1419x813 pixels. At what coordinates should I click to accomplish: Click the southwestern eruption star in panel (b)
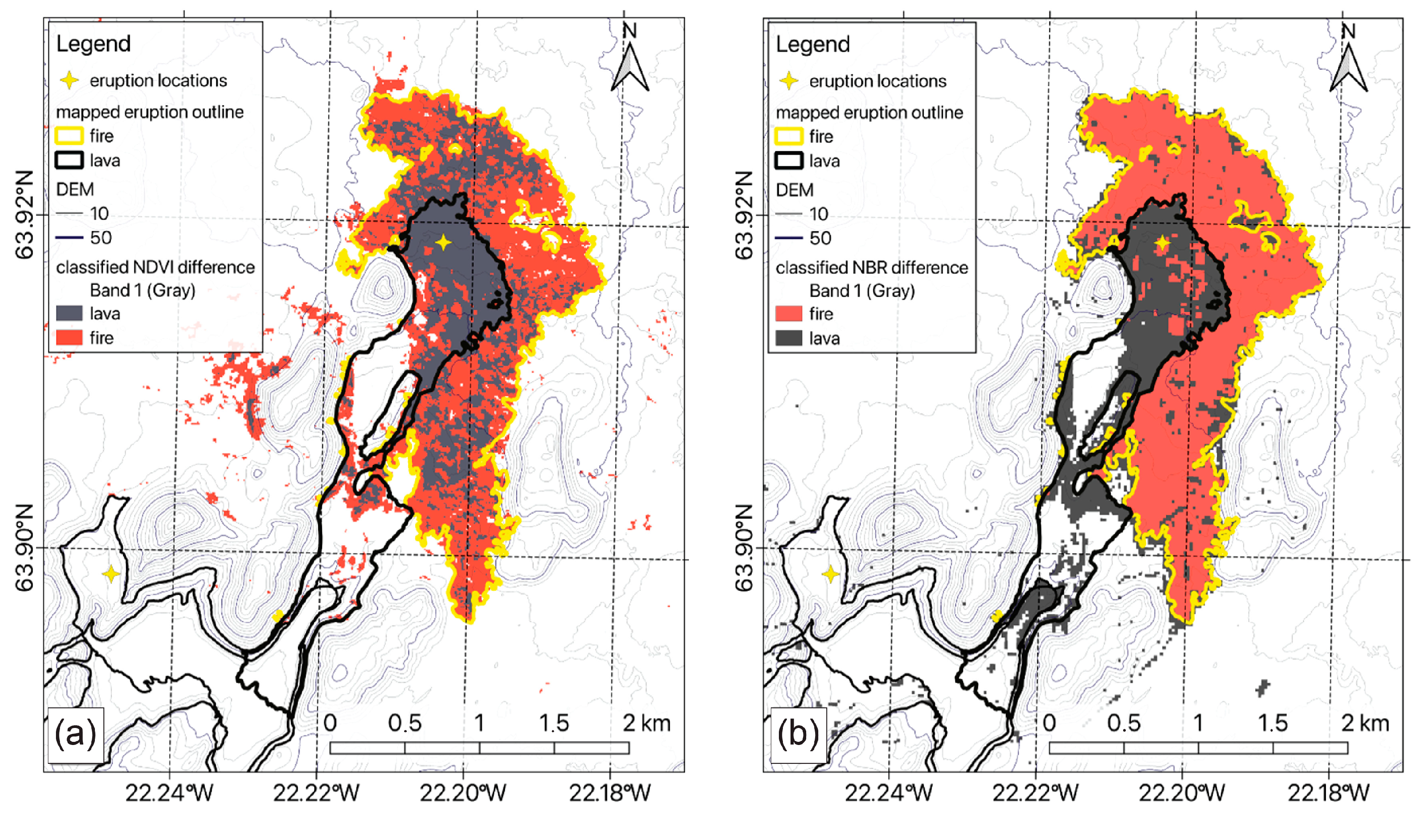coord(830,574)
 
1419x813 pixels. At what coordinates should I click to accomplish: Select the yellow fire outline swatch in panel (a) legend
coord(70,136)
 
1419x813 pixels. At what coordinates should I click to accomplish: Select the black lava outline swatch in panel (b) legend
coord(789,161)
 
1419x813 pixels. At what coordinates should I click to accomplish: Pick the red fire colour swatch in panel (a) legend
coord(70,338)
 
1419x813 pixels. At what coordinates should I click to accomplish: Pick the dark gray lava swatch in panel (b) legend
coord(789,338)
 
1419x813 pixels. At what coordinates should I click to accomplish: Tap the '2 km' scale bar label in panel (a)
coord(646,723)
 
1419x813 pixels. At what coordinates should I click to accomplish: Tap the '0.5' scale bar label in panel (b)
coord(1124,723)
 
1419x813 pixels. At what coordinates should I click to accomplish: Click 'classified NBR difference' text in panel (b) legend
coord(872,268)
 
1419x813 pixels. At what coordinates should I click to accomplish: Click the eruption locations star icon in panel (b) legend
coord(789,81)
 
